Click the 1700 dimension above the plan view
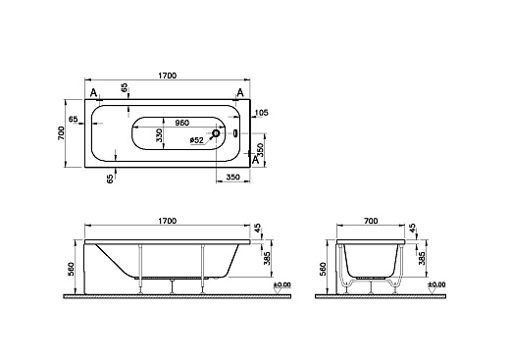click(x=168, y=76)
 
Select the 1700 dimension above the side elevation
click(x=168, y=221)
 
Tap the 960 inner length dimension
click(x=182, y=123)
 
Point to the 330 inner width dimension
click(x=159, y=134)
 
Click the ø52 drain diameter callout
click(x=197, y=140)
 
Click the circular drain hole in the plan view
click(x=216, y=133)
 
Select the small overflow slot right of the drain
click(x=235, y=133)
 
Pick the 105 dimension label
click(x=261, y=113)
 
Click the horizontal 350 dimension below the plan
click(x=233, y=177)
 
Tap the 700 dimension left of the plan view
click(x=61, y=133)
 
